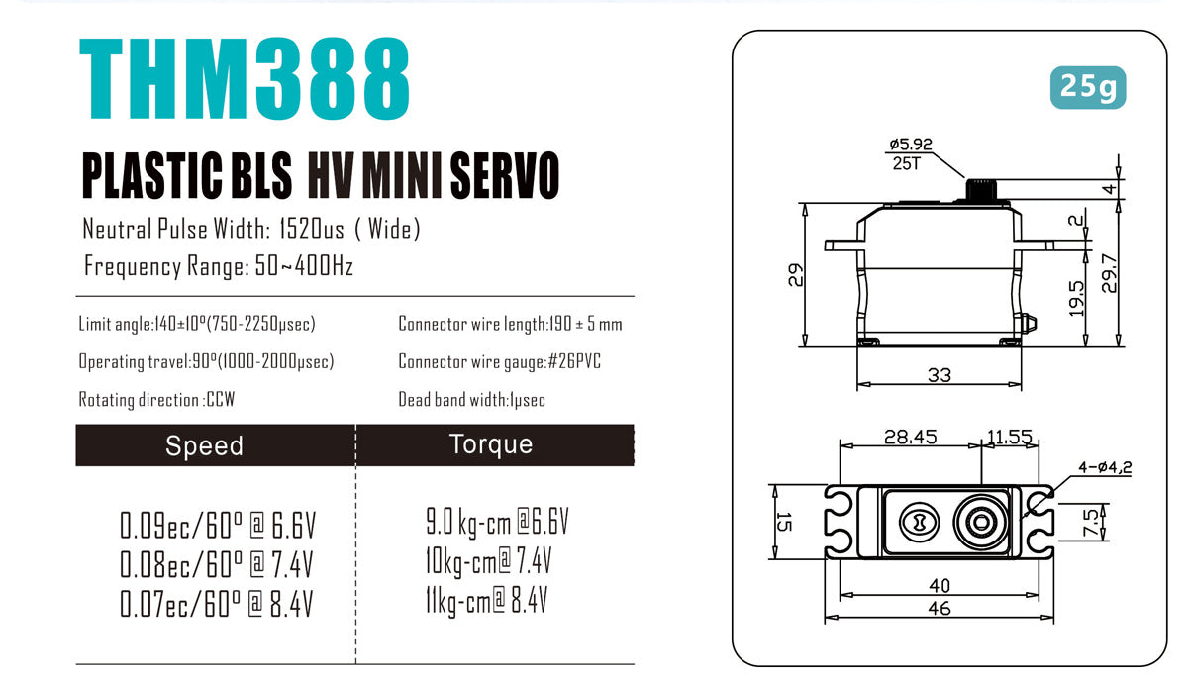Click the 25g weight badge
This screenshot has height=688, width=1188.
tap(1087, 88)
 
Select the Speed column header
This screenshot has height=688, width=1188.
tap(204, 445)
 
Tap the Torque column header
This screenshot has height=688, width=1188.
tap(491, 444)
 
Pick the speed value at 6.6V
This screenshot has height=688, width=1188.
tap(217, 525)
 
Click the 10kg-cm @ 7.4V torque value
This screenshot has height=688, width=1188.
tap(487, 562)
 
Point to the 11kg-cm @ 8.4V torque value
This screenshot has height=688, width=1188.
tap(486, 600)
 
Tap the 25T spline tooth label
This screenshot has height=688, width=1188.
tap(904, 163)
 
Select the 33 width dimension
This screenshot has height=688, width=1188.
tap(938, 375)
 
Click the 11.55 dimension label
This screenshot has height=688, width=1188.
tap(1010, 437)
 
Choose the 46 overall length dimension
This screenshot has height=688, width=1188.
tap(938, 609)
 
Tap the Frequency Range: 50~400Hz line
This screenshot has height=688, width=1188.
tap(219, 266)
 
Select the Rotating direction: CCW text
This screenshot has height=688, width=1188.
tap(156, 400)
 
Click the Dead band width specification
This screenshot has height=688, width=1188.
tap(471, 400)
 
